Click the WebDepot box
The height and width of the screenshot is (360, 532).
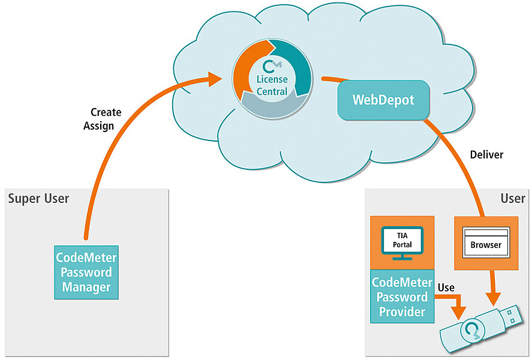pyautogui.click(x=383, y=100)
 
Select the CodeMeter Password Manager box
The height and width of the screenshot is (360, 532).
pyautogui.click(x=86, y=272)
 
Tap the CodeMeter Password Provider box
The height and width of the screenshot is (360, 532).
pyautogui.click(x=402, y=296)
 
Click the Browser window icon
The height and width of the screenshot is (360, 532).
pyautogui.click(x=486, y=242)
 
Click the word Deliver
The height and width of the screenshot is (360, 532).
pyautogui.click(x=486, y=155)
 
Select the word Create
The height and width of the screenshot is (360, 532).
pyautogui.click(x=106, y=112)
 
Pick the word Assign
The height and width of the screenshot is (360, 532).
pyautogui.click(x=99, y=126)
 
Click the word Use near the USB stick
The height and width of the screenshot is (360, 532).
pyautogui.click(x=446, y=288)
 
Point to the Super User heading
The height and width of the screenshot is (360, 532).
pyautogui.click(x=38, y=199)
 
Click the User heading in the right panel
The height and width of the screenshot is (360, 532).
pyautogui.click(x=513, y=199)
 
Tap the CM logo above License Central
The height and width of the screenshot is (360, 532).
pyautogui.click(x=272, y=66)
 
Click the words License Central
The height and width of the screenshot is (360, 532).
pyautogui.click(x=272, y=85)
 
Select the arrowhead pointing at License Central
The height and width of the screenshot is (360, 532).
pyautogui.click(x=214, y=79)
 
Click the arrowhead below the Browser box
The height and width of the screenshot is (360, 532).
pyautogui.click(x=493, y=299)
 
